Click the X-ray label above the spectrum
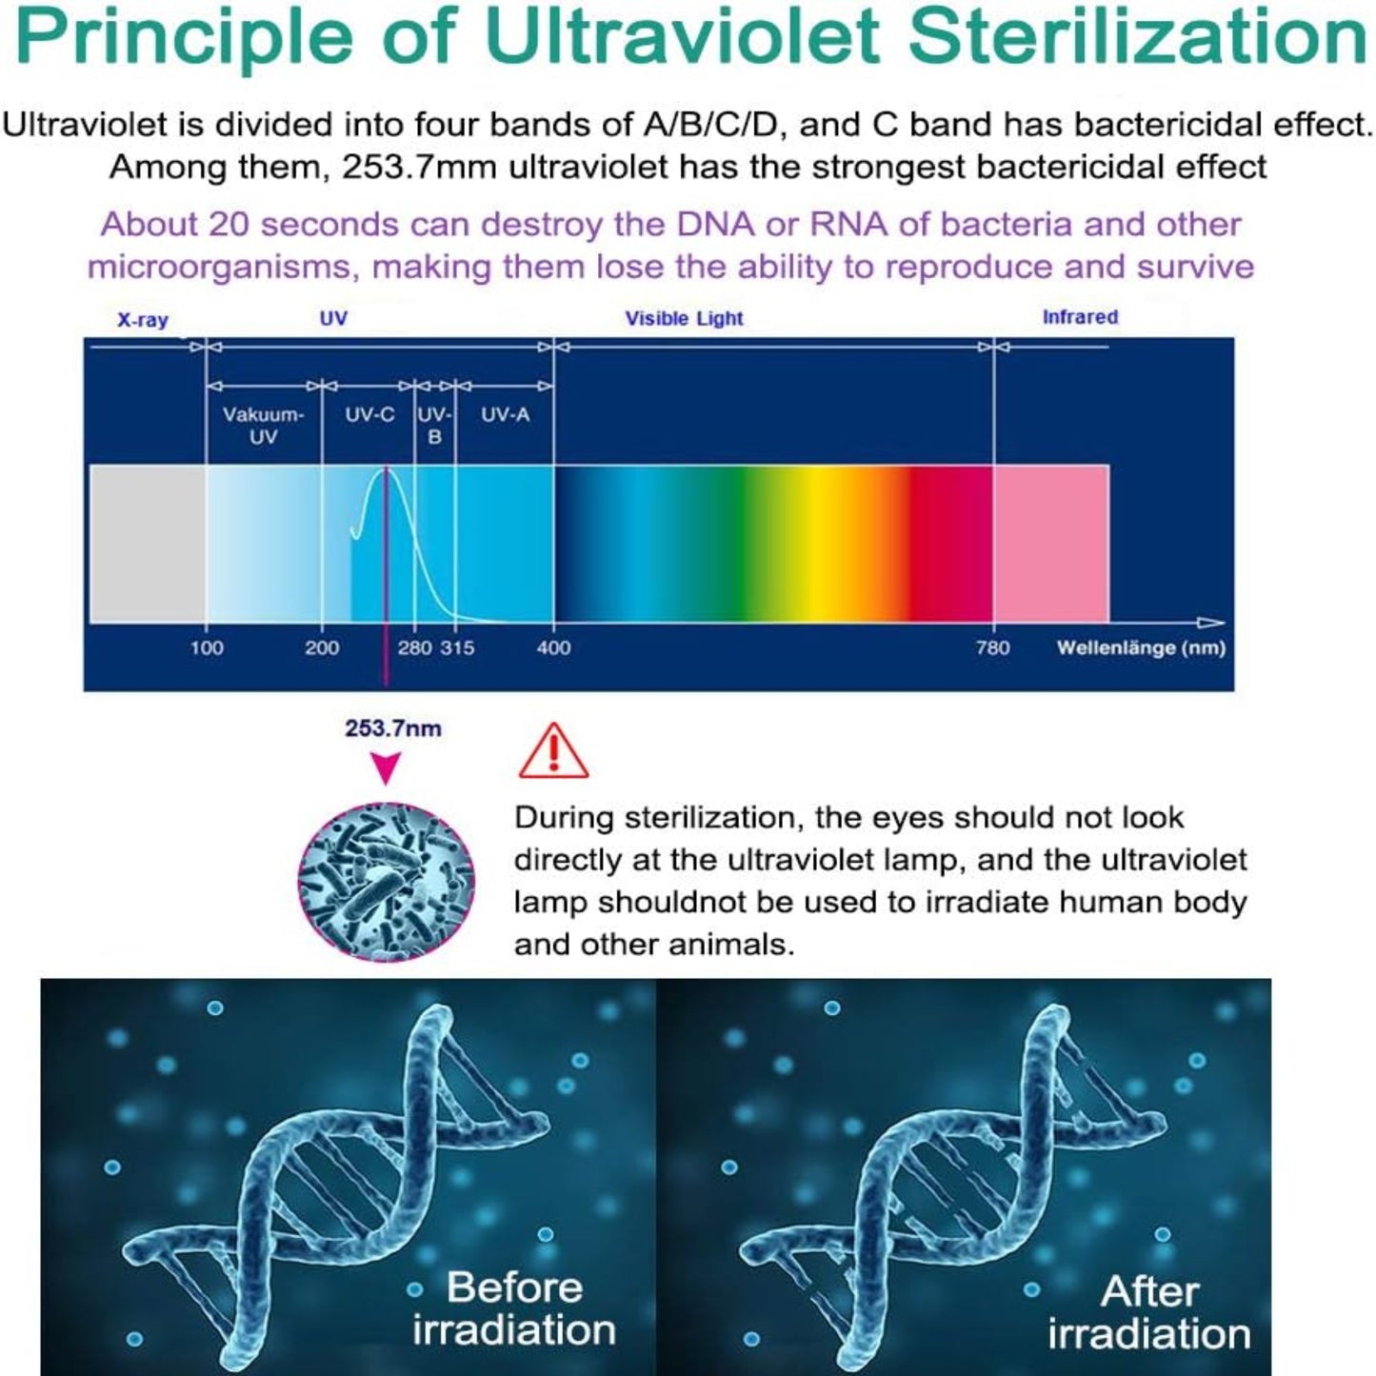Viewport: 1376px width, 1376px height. point(143,320)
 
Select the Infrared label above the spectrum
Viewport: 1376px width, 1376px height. point(1080,317)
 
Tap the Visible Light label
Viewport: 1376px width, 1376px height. point(684,319)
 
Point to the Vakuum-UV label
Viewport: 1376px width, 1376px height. point(263,426)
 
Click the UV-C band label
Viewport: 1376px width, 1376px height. point(369,415)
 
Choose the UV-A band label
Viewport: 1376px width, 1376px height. point(505,415)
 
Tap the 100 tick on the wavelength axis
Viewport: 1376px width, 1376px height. point(207,648)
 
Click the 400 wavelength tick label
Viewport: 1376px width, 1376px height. point(553,648)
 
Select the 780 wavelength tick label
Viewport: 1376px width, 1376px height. point(992,648)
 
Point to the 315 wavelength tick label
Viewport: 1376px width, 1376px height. point(457,648)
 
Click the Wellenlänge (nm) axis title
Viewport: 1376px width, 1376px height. point(1141,648)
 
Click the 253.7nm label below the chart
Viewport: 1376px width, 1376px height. point(392,729)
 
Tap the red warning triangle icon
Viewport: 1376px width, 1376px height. point(553,751)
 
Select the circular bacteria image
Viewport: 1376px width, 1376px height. point(386,881)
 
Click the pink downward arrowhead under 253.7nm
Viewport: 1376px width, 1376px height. point(386,768)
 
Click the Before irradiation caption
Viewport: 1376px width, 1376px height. point(514,1308)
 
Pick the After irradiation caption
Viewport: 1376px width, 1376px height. point(1148,1312)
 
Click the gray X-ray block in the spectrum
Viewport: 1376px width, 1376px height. point(148,544)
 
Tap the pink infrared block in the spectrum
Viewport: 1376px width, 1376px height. point(1050,544)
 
